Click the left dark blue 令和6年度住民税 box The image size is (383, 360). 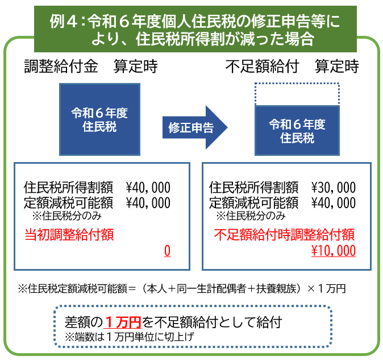tap(99, 119)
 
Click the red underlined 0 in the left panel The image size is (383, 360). tap(167, 251)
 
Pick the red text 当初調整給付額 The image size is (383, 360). tap(69, 234)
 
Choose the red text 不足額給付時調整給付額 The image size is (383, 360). tap(285, 234)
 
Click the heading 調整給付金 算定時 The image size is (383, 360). tap(90, 67)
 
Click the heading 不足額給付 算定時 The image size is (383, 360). tap(292, 67)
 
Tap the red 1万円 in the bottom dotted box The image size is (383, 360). tap(123, 322)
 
